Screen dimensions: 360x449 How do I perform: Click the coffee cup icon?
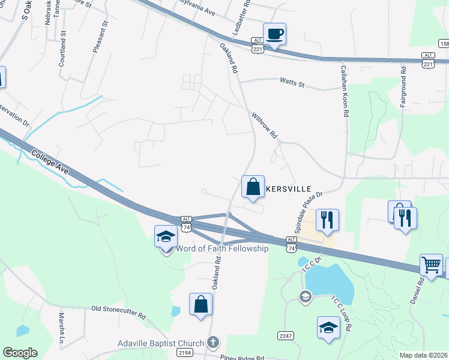click(274, 34)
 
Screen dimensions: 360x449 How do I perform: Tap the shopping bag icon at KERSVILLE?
click(253, 186)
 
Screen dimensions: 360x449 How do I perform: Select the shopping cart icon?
click(431, 265)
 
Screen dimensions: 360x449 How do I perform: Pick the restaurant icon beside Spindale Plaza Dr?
click(327, 220)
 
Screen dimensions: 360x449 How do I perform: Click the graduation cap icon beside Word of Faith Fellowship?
click(166, 236)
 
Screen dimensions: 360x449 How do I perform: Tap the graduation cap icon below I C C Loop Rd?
click(328, 328)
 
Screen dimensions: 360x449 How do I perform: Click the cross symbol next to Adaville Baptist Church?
click(211, 343)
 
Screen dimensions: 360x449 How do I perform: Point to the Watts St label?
click(292, 83)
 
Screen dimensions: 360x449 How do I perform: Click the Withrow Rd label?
click(264, 125)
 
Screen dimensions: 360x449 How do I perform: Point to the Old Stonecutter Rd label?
click(118, 312)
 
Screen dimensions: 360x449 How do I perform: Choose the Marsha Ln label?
click(61, 328)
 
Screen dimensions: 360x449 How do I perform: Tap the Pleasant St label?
click(100, 38)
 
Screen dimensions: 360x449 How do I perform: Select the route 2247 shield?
click(285, 335)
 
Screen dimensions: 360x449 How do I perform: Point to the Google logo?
click(20, 353)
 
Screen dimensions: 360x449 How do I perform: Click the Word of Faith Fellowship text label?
click(223, 249)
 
